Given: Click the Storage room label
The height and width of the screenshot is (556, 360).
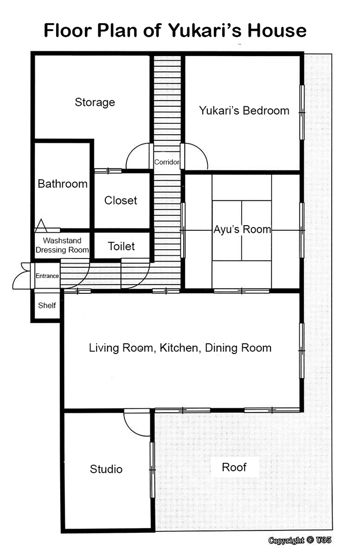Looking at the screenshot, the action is [95, 102].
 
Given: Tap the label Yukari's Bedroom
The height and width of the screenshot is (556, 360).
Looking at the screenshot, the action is [244, 110].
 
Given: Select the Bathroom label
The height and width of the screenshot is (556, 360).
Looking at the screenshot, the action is [62, 183].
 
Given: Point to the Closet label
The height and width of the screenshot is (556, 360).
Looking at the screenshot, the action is [121, 200].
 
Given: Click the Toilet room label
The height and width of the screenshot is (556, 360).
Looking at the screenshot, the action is [121, 246].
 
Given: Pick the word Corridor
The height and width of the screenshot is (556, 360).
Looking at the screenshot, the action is [167, 162].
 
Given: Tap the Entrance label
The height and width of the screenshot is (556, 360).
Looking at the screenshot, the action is [47, 276].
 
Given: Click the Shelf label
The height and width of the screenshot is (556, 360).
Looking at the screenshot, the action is [47, 305].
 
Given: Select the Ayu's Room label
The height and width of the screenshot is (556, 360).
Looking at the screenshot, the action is [242, 229].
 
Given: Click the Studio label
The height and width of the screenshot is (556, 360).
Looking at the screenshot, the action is [106, 469].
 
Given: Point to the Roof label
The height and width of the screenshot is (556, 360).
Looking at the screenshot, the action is [234, 467].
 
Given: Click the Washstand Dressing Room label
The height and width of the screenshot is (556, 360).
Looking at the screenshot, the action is [62, 245].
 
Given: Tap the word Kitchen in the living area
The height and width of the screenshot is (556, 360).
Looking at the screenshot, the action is [179, 348].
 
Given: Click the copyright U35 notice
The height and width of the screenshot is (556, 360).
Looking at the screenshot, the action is [300, 540].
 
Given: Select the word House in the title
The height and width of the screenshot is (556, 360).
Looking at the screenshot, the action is [277, 30].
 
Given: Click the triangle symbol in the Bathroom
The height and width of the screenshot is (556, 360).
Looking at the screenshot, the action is [41, 226].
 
